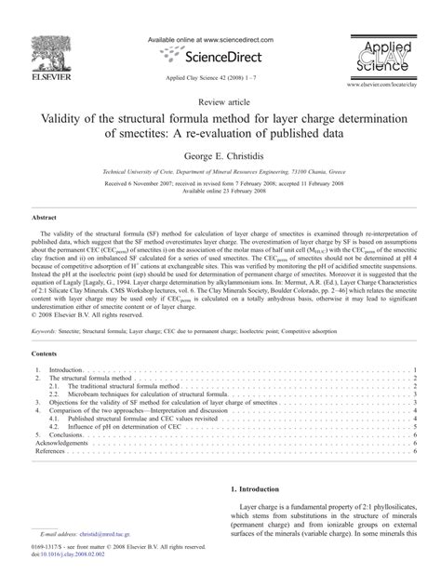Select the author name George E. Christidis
(220, 157)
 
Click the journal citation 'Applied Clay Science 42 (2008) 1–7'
(220, 81)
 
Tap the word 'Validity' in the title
(64, 118)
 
